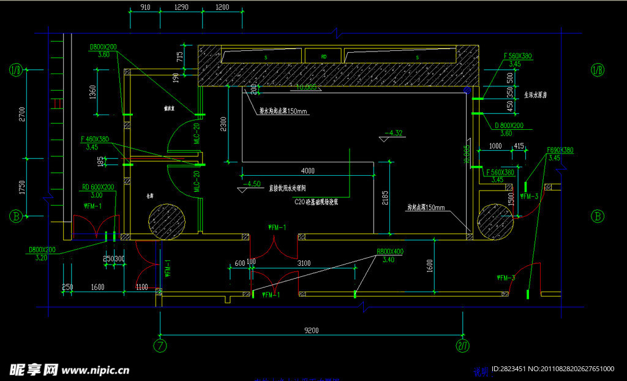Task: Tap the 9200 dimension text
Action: (312, 331)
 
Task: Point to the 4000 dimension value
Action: (307, 170)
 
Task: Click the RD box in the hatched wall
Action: (324, 56)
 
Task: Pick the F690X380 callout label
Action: (560, 150)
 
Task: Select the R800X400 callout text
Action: (390, 252)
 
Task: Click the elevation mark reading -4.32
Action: (393, 132)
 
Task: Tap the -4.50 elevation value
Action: (252, 183)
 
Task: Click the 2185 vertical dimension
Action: (385, 197)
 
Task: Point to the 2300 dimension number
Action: (223, 124)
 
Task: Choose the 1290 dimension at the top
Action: (182, 7)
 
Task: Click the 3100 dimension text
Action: (304, 263)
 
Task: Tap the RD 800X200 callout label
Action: (97, 187)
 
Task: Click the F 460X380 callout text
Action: (94, 140)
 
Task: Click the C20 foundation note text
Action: (317, 202)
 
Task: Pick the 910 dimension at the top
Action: (145, 7)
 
